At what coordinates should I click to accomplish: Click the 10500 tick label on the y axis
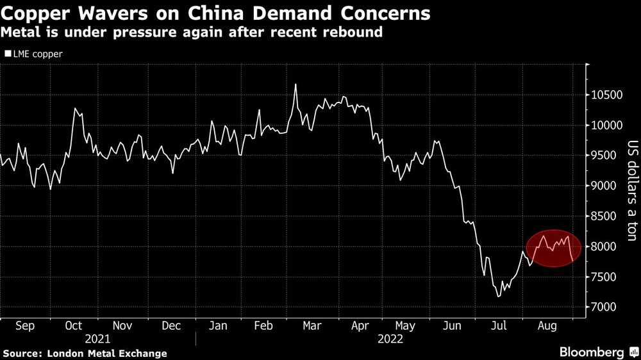point(606,95)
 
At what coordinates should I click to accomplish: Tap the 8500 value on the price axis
point(606,217)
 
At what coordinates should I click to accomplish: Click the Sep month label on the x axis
point(24,326)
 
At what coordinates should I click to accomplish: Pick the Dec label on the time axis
point(171,326)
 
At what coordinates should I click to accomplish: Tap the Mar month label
point(312,326)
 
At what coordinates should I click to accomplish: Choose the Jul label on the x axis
point(499,326)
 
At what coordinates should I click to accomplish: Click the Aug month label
point(546,326)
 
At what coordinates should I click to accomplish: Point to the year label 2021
point(97,340)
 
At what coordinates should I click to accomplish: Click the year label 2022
point(390,340)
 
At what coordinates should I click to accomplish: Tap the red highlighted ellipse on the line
point(553,248)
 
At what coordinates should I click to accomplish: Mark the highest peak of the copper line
point(295,84)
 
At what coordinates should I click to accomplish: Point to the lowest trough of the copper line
point(498,297)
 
